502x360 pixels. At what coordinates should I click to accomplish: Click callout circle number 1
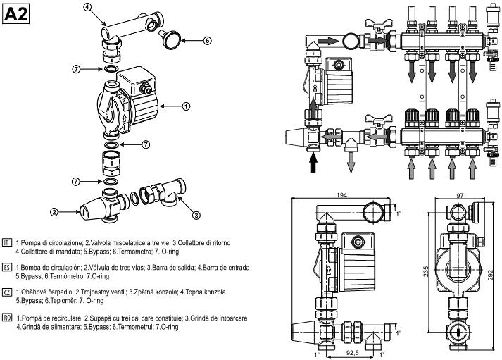(186, 106)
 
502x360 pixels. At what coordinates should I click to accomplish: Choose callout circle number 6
(208, 41)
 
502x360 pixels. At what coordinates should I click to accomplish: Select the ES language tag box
(6, 268)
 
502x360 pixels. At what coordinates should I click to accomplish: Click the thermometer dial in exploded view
(172, 37)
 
